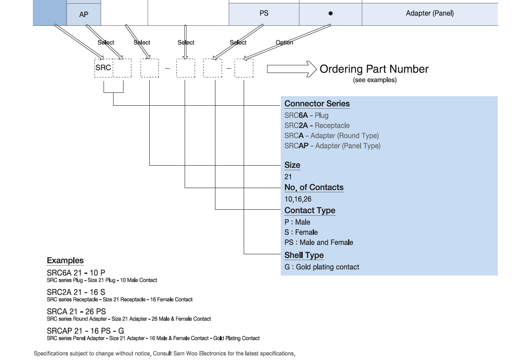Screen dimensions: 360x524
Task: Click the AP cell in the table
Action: pyautogui.click(x=84, y=15)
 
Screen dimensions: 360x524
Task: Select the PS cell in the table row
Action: pyautogui.click(x=264, y=13)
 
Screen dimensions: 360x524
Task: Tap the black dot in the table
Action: pyautogui.click(x=331, y=13)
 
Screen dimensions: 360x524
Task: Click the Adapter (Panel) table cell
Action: pyautogui.click(x=430, y=13)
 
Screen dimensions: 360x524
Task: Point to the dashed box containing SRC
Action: pyautogui.click(x=104, y=68)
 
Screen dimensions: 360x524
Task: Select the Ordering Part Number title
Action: pyautogui.click(x=374, y=69)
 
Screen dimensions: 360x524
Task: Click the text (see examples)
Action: pyautogui.click(x=374, y=80)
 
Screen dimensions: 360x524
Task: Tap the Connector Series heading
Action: pyautogui.click(x=317, y=104)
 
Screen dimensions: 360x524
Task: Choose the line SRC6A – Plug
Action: pyautogui.click(x=306, y=115)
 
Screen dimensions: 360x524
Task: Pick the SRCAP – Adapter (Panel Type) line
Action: pyautogui.click(x=332, y=146)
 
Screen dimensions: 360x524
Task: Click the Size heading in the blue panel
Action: pyautogui.click(x=292, y=165)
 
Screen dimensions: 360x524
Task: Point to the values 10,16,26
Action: pyautogui.click(x=298, y=199)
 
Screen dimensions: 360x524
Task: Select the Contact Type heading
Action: pyautogui.click(x=310, y=210)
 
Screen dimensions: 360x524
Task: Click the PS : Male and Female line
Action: pyautogui.click(x=319, y=242)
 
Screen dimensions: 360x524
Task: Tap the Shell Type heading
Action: pyautogui.click(x=304, y=255)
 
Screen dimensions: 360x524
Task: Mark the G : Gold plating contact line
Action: pyautogui.click(x=322, y=267)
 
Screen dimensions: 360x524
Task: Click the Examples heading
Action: pyautogui.click(x=65, y=261)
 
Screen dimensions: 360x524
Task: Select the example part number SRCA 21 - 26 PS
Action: pyautogui.click(x=77, y=311)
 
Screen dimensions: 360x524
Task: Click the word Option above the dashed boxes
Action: pyautogui.click(x=284, y=42)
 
